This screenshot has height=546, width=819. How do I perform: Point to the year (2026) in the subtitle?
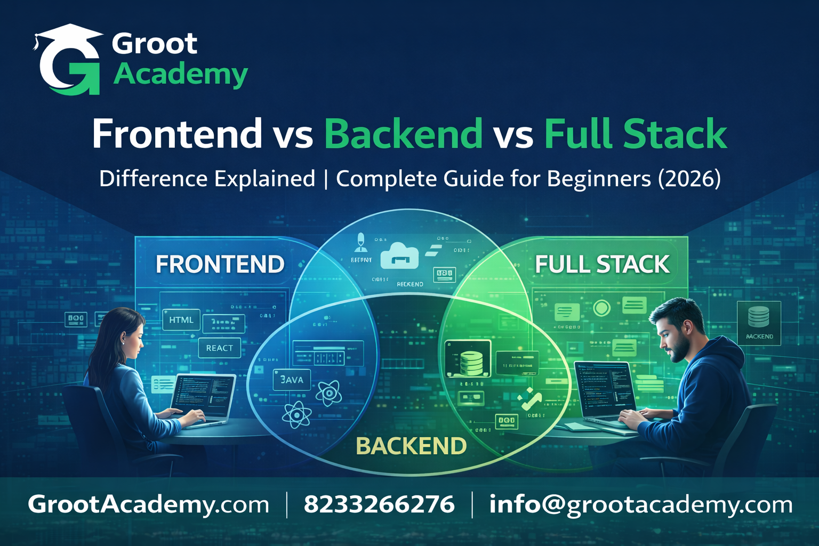[x=689, y=179]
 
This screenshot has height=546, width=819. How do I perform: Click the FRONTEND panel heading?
[x=220, y=264]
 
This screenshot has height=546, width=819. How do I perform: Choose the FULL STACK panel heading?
[x=602, y=264]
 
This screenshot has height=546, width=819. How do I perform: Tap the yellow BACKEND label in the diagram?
[x=411, y=446]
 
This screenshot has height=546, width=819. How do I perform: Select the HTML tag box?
[x=181, y=320]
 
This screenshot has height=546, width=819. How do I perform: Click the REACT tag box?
[x=219, y=348]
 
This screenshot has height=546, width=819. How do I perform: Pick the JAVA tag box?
[x=291, y=380]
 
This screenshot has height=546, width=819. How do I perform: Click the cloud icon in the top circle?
[x=399, y=255]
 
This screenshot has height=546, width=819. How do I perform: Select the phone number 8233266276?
[x=379, y=504]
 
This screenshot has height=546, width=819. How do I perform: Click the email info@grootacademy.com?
[x=640, y=504]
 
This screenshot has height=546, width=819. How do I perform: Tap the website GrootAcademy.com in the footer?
[x=149, y=504]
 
